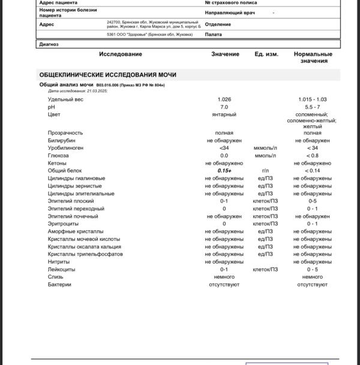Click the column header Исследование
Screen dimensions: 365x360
click(121, 55)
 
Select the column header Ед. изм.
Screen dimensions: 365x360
click(266, 55)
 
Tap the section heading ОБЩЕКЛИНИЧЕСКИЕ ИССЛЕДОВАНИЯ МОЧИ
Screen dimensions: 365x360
click(107, 75)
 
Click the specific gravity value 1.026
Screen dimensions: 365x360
click(224, 99)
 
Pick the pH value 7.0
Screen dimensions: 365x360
click(224, 107)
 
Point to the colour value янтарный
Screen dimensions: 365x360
click(224, 114)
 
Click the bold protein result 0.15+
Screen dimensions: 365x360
click(224, 171)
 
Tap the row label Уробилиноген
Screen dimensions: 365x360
click(65, 148)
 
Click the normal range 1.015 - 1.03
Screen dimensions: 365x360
click(312, 99)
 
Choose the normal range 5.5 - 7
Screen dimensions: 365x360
click(312, 107)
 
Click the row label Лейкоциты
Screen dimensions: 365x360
click(62, 269)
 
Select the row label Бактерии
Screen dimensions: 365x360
click(59, 284)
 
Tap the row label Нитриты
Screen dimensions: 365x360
click(59, 262)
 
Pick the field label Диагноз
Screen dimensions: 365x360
click(49, 44)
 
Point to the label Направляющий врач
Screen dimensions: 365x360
click(230, 12)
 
